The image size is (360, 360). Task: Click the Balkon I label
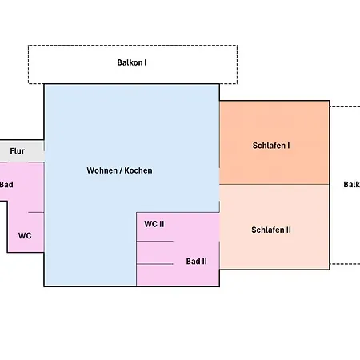[x=132, y=62]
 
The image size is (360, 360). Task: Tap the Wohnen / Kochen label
[x=119, y=170]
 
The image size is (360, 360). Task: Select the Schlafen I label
[x=271, y=146]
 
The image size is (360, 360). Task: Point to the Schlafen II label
[x=271, y=230]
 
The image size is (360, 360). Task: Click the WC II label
[x=154, y=224]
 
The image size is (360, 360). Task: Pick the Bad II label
[x=197, y=262]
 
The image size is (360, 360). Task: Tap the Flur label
[x=18, y=151]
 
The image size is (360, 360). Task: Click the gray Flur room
[x=22, y=151]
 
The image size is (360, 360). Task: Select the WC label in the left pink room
[x=25, y=236]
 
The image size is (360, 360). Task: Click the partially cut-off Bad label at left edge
[x=6, y=185]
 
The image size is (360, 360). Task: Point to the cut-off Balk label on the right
[x=352, y=185]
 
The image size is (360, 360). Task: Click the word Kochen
[x=138, y=170]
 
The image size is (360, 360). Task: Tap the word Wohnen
[x=102, y=170]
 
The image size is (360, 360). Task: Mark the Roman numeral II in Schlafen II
[x=288, y=230]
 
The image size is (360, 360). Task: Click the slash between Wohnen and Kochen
[x=121, y=170]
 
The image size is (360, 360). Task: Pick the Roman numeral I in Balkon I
[x=146, y=62]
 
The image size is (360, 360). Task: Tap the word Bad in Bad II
[x=193, y=262]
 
